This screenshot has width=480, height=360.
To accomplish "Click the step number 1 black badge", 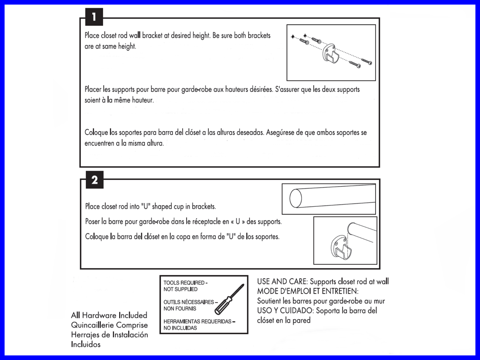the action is pyautogui.click(x=94, y=17).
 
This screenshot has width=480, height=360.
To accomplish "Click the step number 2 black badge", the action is pyautogui.click(x=94, y=180).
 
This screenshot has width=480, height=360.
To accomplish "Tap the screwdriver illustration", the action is pyautogui.click(x=229, y=299).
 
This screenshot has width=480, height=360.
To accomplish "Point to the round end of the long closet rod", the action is pyautogui.click(x=296, y=198).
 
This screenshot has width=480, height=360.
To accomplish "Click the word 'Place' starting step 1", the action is pyautogui.click(x=92, y=35).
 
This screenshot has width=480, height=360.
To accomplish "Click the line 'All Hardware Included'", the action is pyautogui.click(x=109, y=315).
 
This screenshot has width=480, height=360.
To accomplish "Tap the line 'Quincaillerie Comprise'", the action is pyautogui.click(x=109, y=325).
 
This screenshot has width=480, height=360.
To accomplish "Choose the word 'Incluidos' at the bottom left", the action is pyautogui.click(x=86, y=344).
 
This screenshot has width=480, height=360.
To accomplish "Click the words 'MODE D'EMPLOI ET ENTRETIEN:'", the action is pyautogui.click(x=308, y=291).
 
